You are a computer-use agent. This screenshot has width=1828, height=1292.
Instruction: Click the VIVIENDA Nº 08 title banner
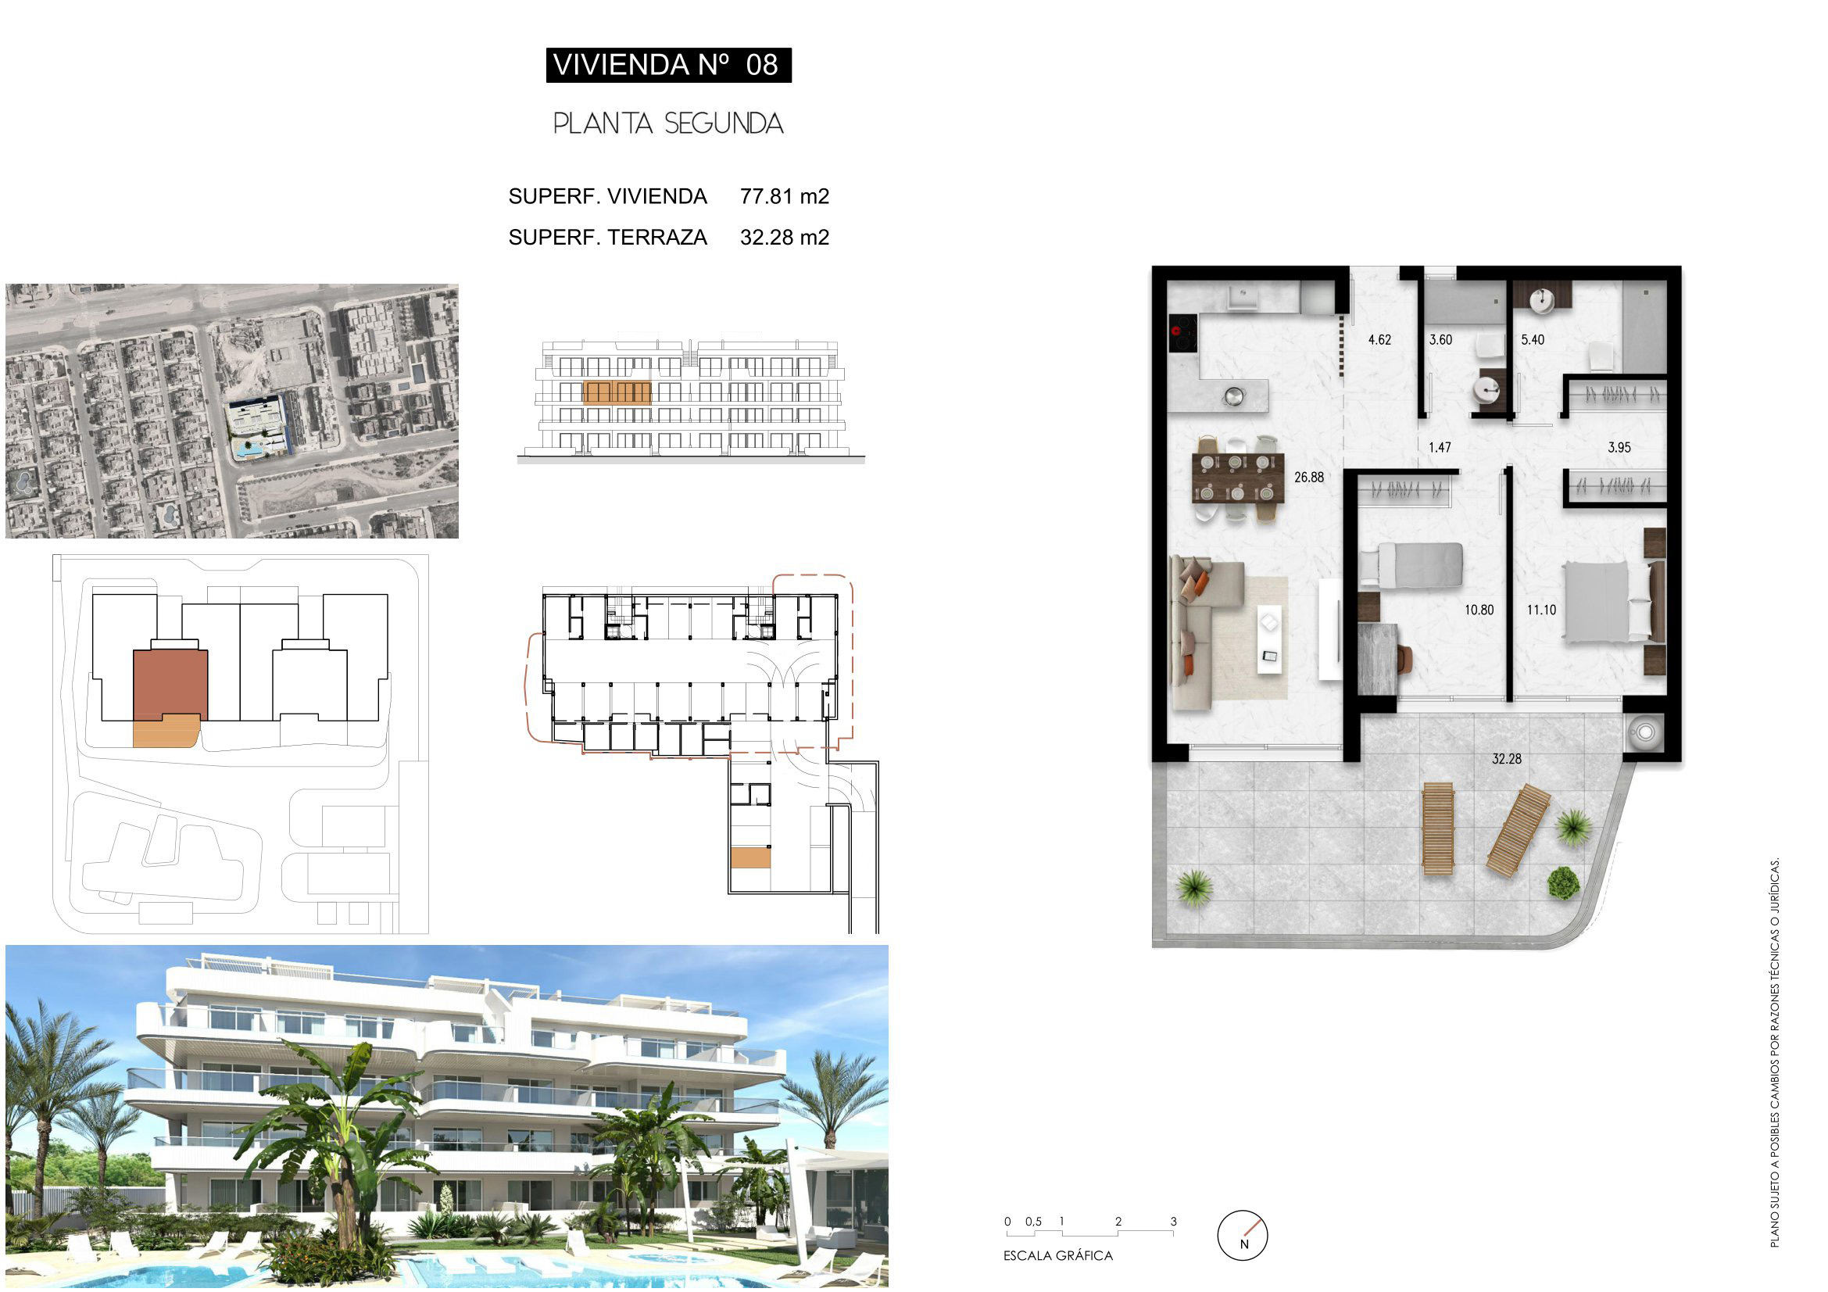pos(668,64)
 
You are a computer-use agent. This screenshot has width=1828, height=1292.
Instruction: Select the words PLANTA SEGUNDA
pos(668,123)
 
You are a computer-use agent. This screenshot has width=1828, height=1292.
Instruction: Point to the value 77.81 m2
pos(784,196)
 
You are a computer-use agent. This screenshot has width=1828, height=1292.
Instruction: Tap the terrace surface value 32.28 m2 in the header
pos(784,238)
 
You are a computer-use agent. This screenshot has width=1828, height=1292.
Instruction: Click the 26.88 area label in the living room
pos(1309,478)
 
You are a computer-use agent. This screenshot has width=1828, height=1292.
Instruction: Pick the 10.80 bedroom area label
pos(1479,610)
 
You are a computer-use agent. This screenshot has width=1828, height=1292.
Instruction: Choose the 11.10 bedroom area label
pos(1541,610)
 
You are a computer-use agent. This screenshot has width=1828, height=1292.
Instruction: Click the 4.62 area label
pos(1379,340)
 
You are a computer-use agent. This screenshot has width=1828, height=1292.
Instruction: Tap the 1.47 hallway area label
pos(1440,447)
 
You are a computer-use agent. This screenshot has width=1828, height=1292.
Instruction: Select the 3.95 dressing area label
pos(1619,447)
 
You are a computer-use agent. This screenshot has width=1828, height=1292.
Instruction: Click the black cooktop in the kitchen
pos(1183,333)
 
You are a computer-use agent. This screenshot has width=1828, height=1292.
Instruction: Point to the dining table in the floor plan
pos(1238,478)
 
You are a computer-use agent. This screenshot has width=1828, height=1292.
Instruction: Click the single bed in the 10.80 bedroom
pos(1411,565)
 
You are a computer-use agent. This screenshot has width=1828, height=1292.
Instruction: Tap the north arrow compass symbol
pos(1242,1236)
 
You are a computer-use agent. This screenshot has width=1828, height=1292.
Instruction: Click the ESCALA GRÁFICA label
pos(1057,1255)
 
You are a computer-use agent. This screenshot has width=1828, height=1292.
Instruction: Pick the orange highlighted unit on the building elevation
pos(617,392)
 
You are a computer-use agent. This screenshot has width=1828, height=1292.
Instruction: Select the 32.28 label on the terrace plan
pos(1506,760)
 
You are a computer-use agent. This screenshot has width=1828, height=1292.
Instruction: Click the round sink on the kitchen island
pos(1233,395)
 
